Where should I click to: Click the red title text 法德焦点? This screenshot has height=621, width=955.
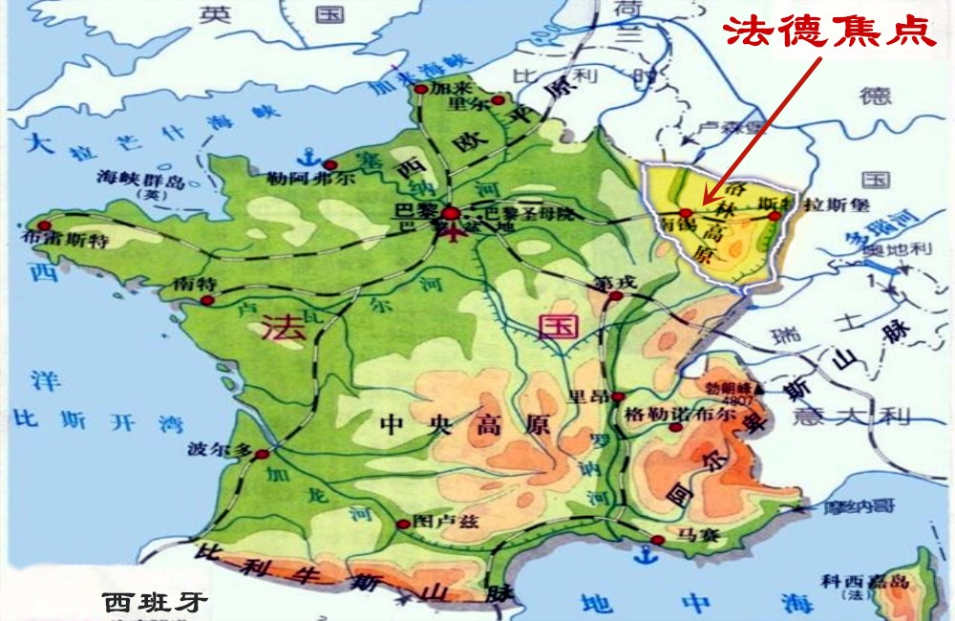point(827,32)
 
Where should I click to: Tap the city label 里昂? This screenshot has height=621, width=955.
point(591,396)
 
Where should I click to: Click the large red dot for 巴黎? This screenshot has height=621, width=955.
point(450,216)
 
